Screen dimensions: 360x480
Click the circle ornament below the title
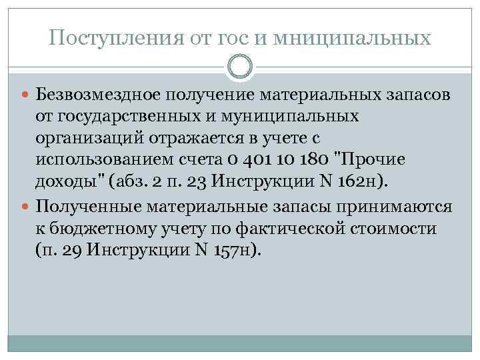240,67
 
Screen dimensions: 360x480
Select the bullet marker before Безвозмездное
27,95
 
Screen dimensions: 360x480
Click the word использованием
103,161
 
